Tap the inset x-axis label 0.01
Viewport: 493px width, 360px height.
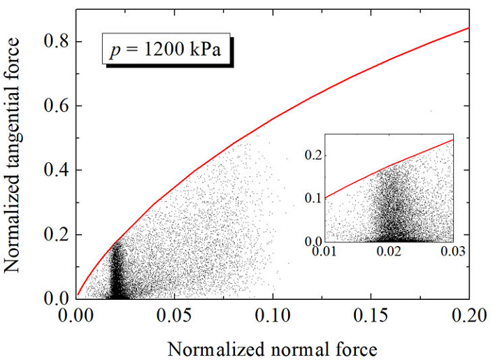tap(328, 250)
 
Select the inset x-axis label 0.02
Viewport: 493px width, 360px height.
tap(390, 250)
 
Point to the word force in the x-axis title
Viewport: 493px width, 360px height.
tap(353, 347)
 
